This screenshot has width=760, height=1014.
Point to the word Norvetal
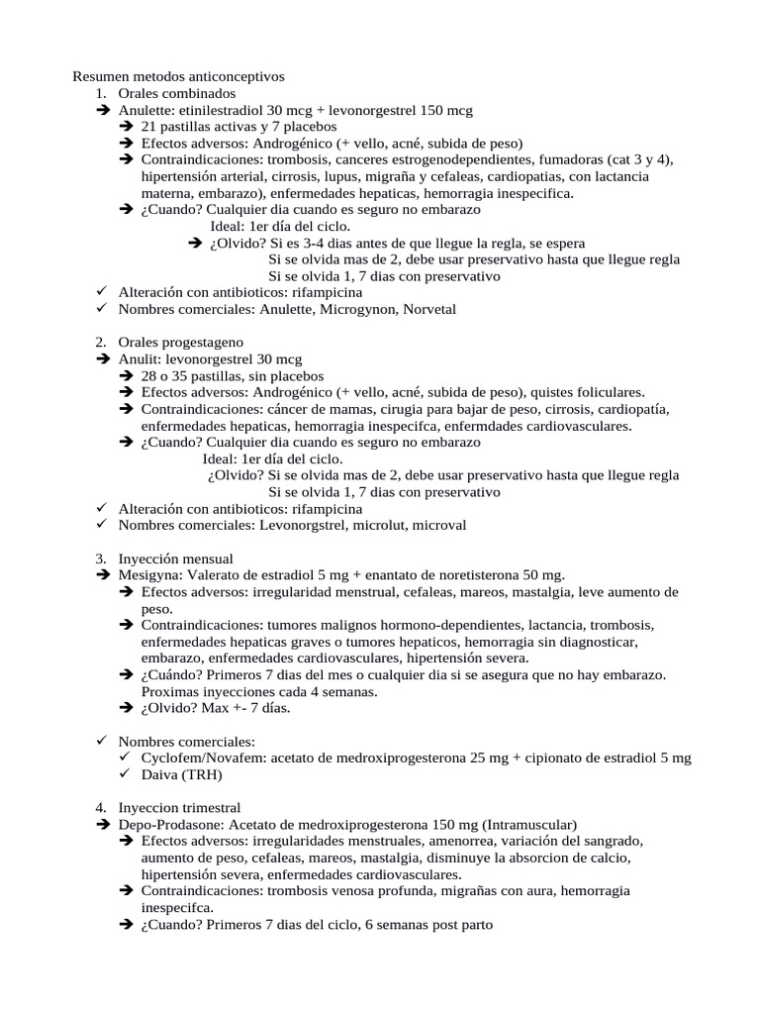[428, 310]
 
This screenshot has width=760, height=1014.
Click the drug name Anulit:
[142, 359]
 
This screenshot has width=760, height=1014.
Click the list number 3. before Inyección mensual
[101, 558]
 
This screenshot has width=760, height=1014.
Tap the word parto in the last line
[475, 925]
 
